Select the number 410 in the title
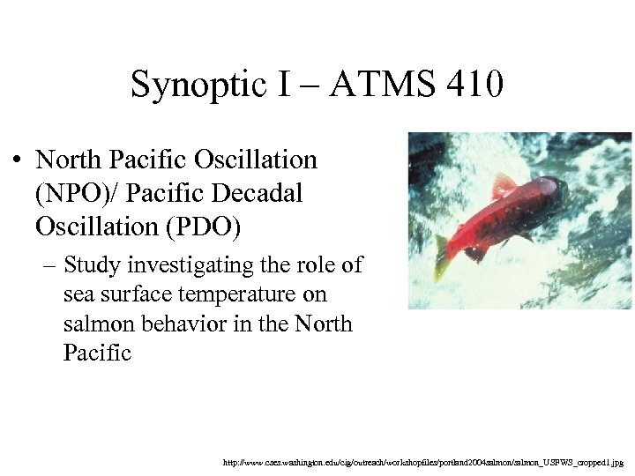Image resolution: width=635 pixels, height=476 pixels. click(x=474, y=86)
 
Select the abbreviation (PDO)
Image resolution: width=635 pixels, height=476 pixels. click(x=198, y=226)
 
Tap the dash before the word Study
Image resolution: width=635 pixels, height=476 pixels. click(x=48, y=264)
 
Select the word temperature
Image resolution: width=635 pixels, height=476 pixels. click(x=246, y=294)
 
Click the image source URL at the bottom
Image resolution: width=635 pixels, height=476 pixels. click(x=423, y=461)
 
